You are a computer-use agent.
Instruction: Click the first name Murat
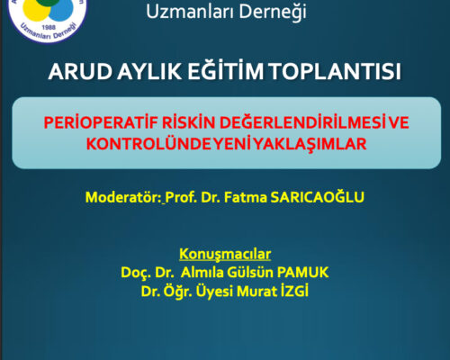(x=274, y=288)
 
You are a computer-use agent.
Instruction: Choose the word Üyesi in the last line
(x=229, y=288)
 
